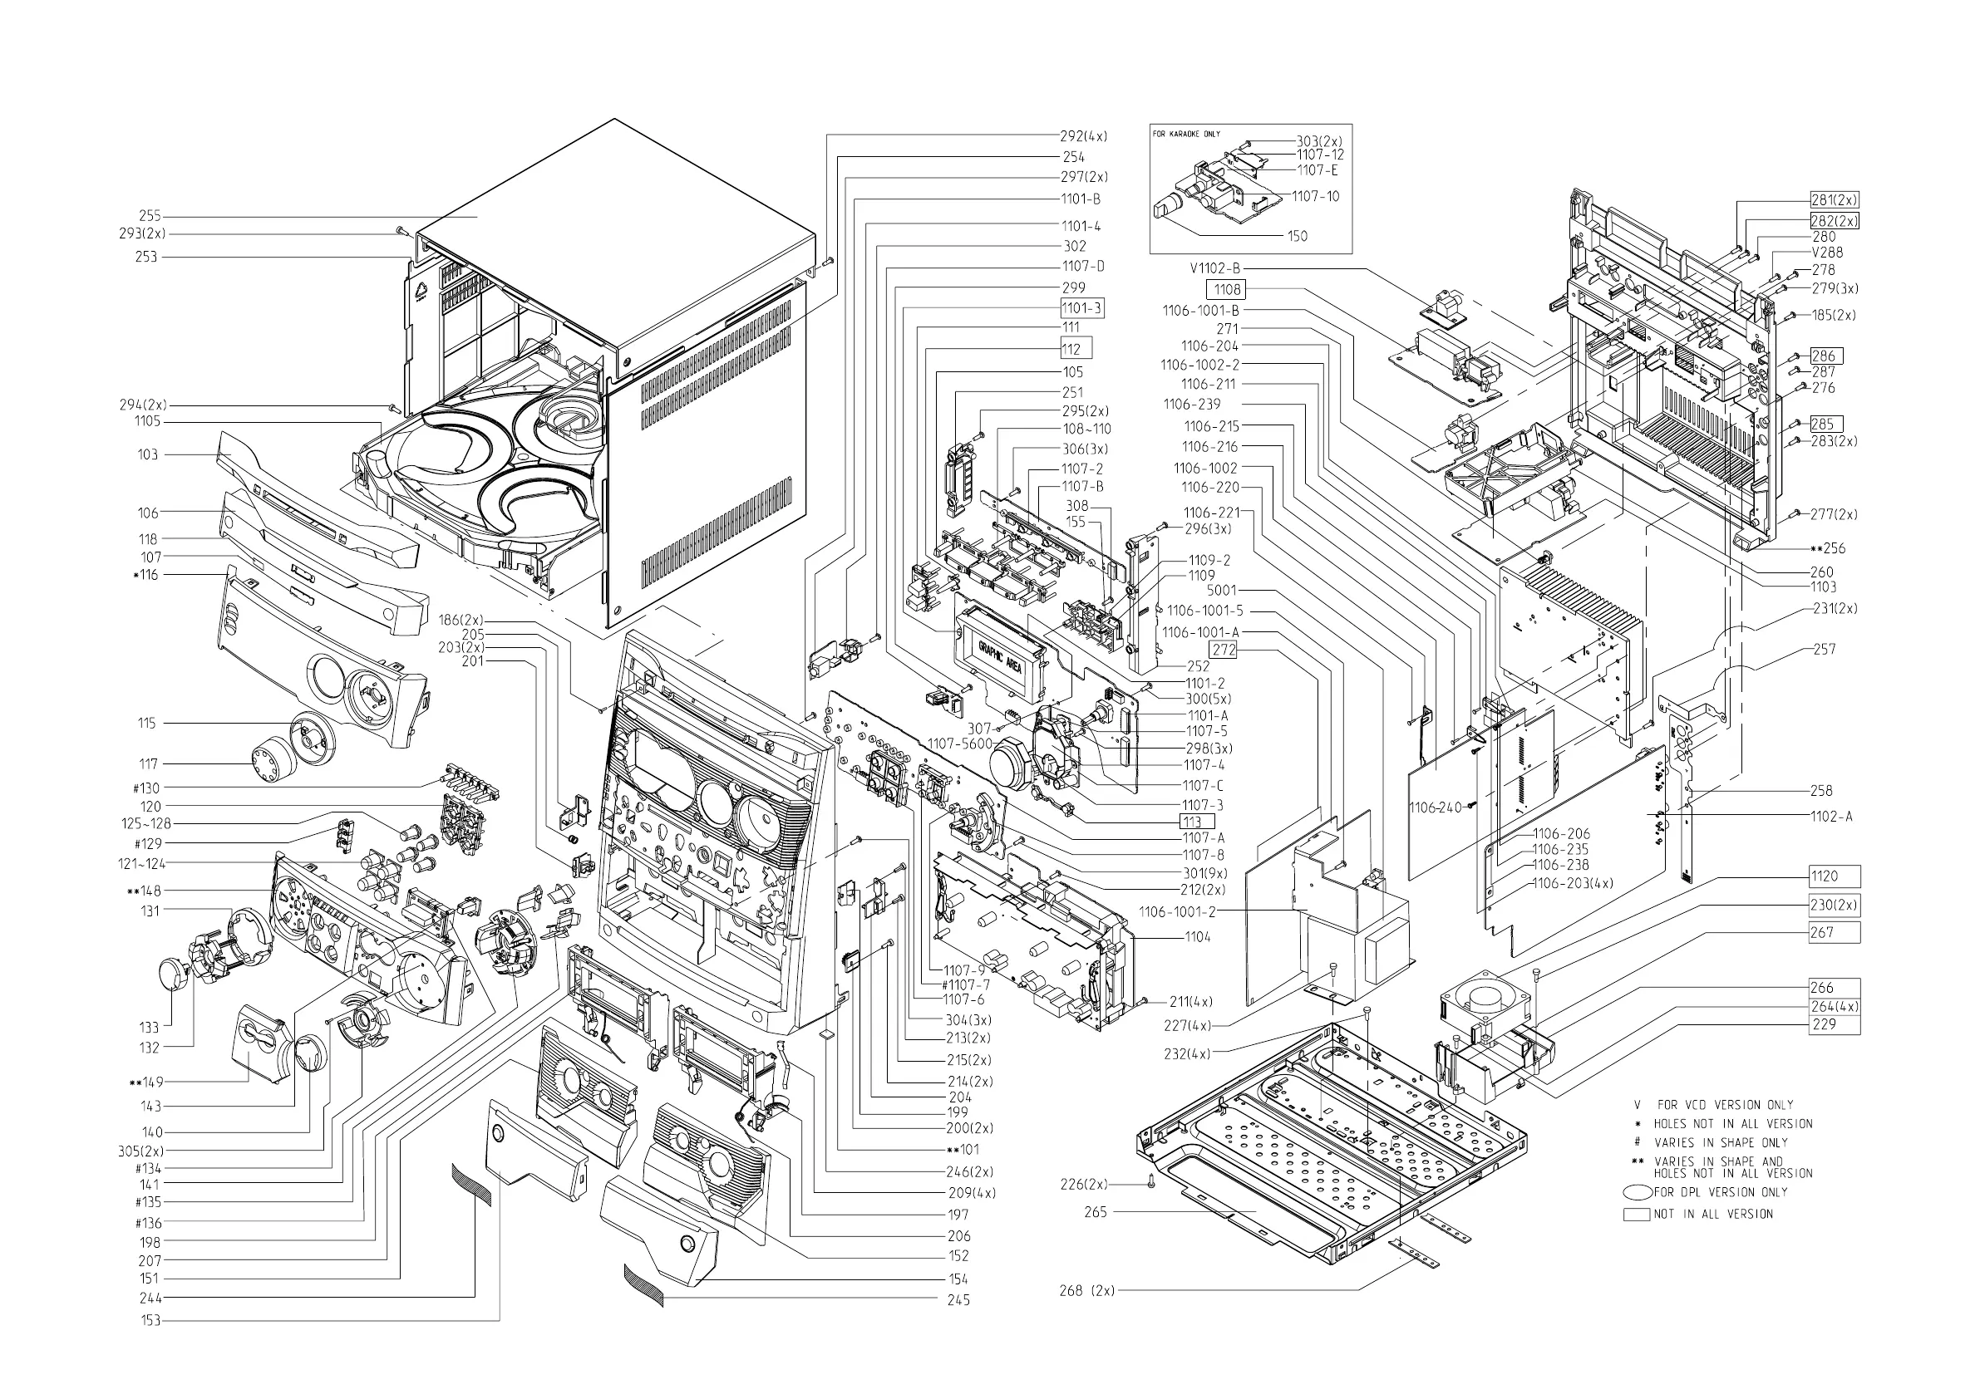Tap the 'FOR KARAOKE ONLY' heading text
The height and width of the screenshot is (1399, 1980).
pyautogui.click(x=1186, y=135)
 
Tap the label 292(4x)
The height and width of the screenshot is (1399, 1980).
pyautogui.click(x=1083, y=136)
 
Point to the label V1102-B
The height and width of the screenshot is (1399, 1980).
pyautogui.click(x=1217, y=269)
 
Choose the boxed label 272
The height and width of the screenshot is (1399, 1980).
pyautogui.click(x=1223, y=650)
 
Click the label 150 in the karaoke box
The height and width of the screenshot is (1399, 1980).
pyautogui.click(x=1297, y=236)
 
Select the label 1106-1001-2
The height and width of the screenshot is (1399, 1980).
pyautogui.click(x=1177, y=912)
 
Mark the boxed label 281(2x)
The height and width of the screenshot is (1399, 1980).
pyautogui.click(x=1834, y=200)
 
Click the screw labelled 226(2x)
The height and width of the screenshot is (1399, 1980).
pyautogui.click(x=1151, y=1186)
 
